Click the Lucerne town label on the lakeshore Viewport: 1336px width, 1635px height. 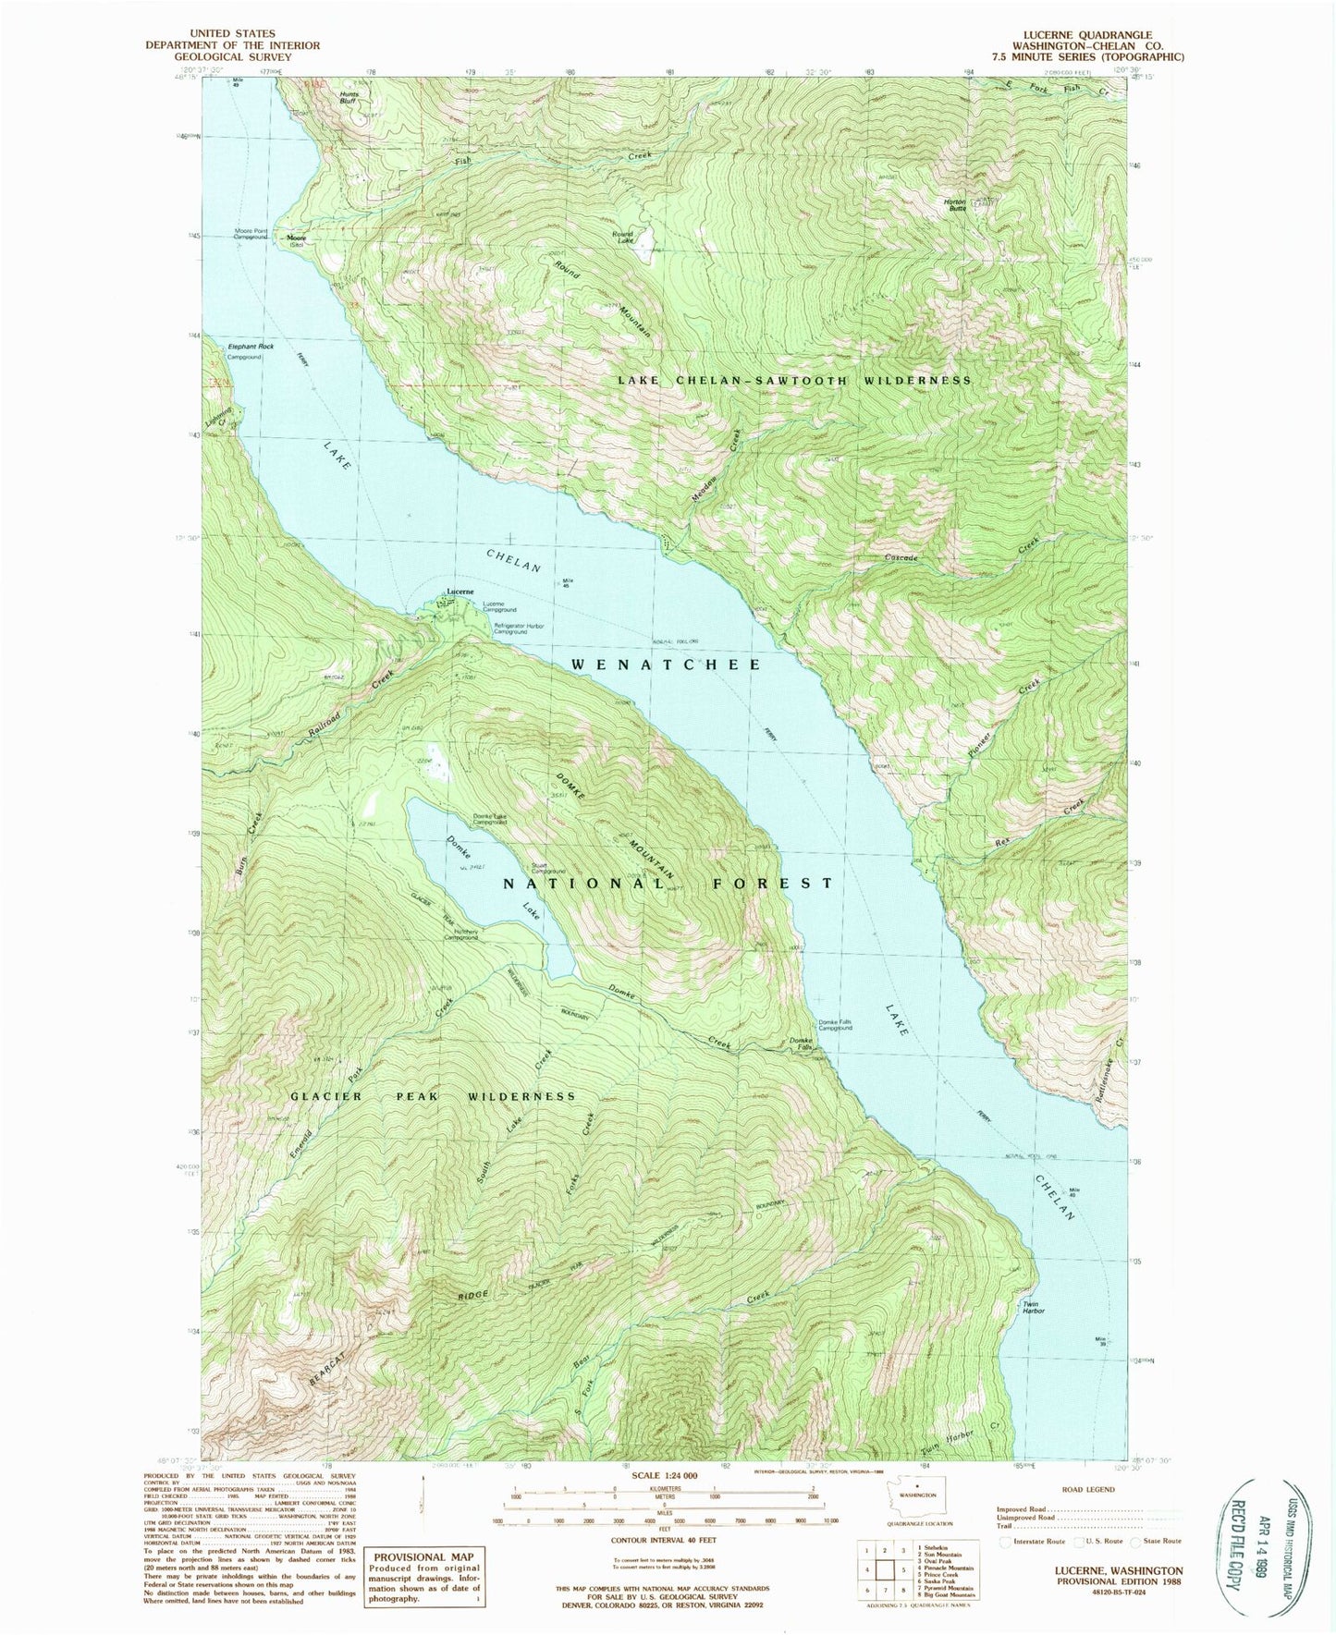pos(460,591)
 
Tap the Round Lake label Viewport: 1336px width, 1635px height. pos(622,237)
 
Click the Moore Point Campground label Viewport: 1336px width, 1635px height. pos(251,234)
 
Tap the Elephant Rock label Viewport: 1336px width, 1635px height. pos(251,347)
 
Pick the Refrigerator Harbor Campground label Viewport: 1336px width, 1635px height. pos(519,628)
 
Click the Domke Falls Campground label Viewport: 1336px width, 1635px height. pos(834,1025)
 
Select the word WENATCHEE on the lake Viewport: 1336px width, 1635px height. pos(666,665)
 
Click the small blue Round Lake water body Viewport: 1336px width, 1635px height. pos(644,238)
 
